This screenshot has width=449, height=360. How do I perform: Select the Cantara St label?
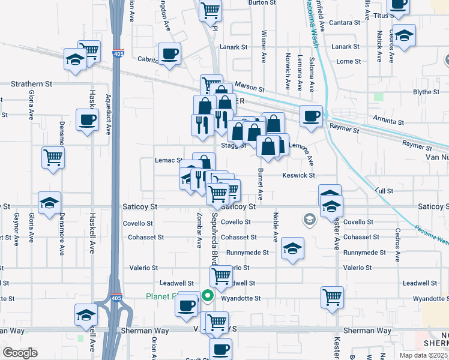(345, 22)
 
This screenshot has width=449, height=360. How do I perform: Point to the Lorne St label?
(348, 61)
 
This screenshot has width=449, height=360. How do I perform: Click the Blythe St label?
(427, 92)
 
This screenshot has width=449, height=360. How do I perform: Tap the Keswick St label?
(299, 175)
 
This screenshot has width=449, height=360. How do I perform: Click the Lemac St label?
(168, 160)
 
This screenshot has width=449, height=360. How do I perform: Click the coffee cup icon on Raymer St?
(311, 116)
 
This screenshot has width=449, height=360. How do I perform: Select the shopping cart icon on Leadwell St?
(221, 276)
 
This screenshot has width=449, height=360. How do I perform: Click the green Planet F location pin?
(208, 295)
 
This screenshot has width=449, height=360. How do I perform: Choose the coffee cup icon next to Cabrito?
(169, 53)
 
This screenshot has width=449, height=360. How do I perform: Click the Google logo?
(20, 353)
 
